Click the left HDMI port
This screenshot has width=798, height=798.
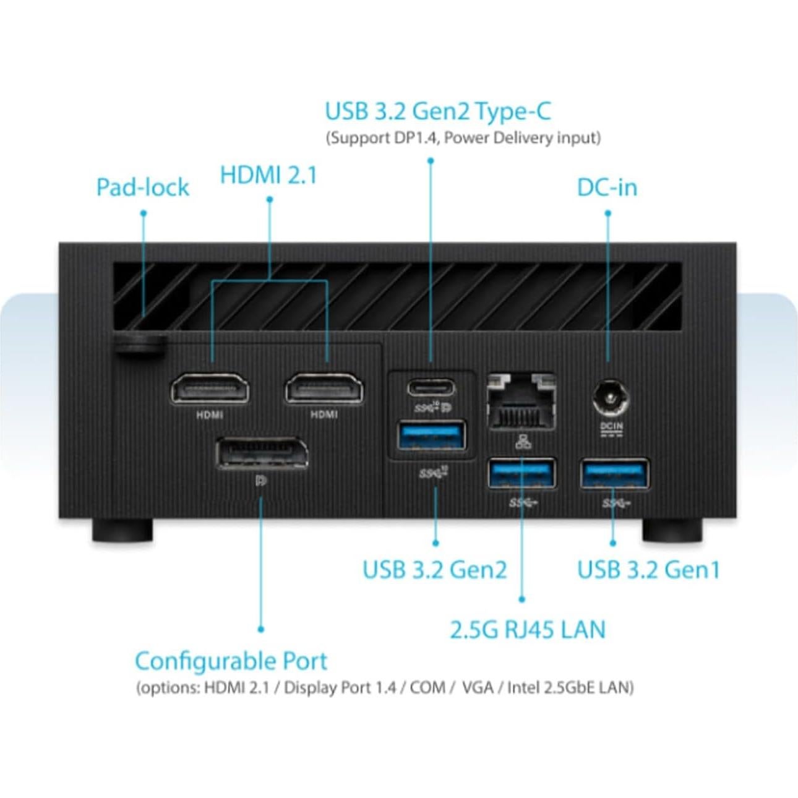pyautogui.click(x=210, y=388)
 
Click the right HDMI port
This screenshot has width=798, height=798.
pyautogui.click(x=324, y=388)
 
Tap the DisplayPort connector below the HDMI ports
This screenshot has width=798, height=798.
pyautogui.click(x=262, y=453)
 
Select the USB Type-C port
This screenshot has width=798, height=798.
pyautogui.click(x=431, y=388)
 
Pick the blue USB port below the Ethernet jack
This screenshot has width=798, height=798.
pyautogui.click(x=522, y=473)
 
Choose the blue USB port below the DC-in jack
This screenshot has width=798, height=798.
pyautogui.click(x=614, y=474)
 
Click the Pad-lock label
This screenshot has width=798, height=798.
pyautogui.click(x=143, y=187)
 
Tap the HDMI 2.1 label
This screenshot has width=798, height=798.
pyautogui.click(x=268, y=175)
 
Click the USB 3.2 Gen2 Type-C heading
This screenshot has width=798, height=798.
pyautogui.click(x=437, y=112)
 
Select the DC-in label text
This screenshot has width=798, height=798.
pyautogui.click(x=607, y=187)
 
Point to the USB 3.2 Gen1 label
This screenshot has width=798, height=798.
pyautogui.click(x=648, y=570)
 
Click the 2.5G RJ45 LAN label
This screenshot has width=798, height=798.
pyautogui.click(x=527, y=630)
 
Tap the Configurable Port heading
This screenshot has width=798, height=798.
pyautogui.click(x=231, y=661)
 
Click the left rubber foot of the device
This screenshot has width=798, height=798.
pyautogui.click(x=122, y=530)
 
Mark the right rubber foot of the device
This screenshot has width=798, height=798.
pyautogui.click(x=672, y=530)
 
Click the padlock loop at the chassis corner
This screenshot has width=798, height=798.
pyautogui.click(x=140, y=345)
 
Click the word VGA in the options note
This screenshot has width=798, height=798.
pyautogui.click(x=478, y=687)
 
